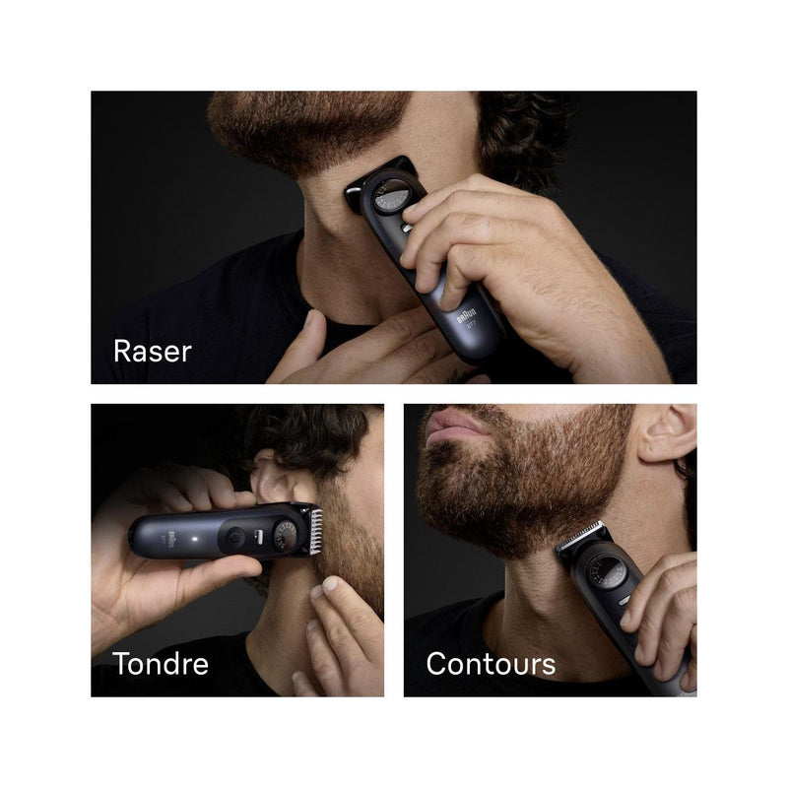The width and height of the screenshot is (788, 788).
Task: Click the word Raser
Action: point(153,351)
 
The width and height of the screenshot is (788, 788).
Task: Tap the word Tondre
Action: point(161,663)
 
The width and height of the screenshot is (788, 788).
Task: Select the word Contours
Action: point(491,664)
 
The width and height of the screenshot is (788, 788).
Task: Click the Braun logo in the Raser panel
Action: point(466,316)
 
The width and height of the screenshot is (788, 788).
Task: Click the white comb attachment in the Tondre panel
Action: point(315,532)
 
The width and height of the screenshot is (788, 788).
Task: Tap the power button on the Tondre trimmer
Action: point(234,537)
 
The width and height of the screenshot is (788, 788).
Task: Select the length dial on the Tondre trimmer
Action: point(285,534)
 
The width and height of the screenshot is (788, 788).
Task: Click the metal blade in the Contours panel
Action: point(580,536)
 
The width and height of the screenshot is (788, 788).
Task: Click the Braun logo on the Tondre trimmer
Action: point(169,539)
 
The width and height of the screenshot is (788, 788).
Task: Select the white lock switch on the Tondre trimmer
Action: point(259,536)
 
